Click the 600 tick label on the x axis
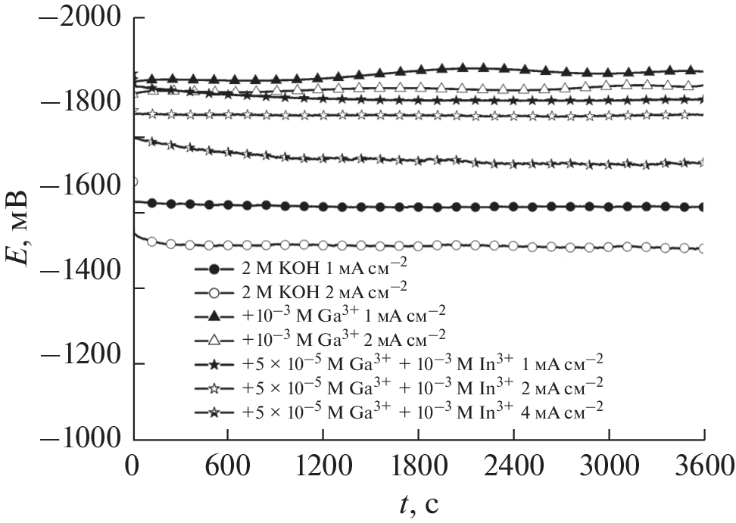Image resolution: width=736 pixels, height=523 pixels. pos(228,463)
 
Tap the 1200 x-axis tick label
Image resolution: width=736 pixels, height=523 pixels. pos(323,463)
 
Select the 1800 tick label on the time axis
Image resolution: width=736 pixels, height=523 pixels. pos(419,463)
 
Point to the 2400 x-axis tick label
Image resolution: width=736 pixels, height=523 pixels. pos(513,463)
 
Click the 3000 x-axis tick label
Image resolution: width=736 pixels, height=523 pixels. pos(609,463)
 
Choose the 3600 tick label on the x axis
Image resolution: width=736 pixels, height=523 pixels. pos(703,463)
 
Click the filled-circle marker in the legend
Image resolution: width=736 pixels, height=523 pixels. pos(214,269)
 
